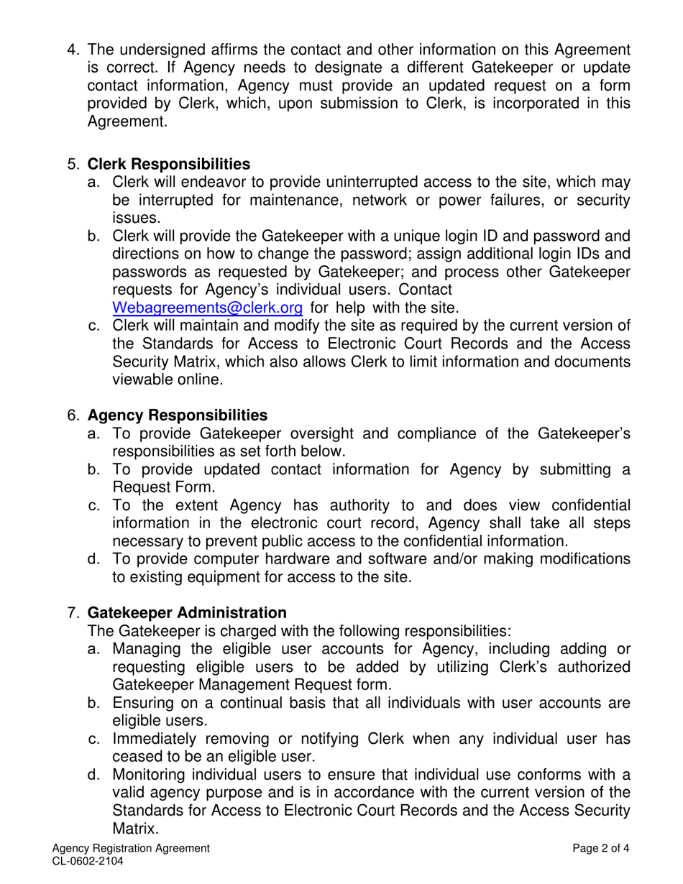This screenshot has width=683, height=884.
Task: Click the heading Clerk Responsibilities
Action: point(169,165)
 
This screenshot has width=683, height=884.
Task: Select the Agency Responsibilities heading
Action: point(177,415)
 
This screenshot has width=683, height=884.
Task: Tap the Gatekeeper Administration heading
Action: point(187,612)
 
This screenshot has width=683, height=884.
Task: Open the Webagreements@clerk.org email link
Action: point(207,308)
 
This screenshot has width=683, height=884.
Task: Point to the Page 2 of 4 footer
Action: point(601,848)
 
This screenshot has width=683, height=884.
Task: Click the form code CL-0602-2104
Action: point(82,860)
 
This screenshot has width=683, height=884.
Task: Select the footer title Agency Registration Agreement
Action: point(131,848)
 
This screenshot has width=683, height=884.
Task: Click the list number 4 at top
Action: point(72,50)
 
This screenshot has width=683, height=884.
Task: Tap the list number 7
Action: point(72,612)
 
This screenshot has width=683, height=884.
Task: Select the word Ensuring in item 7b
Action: point(142,702)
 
